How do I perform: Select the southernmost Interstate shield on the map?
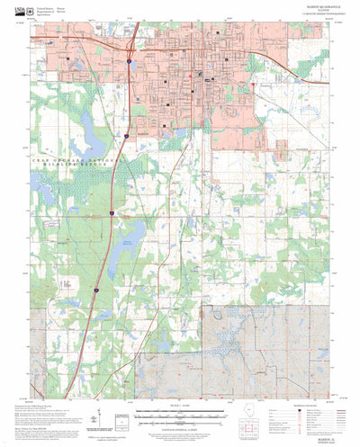pyautogui.click(x=95, y=290)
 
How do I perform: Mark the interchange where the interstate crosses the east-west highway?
pyautogui.click(x=131, y=42)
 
